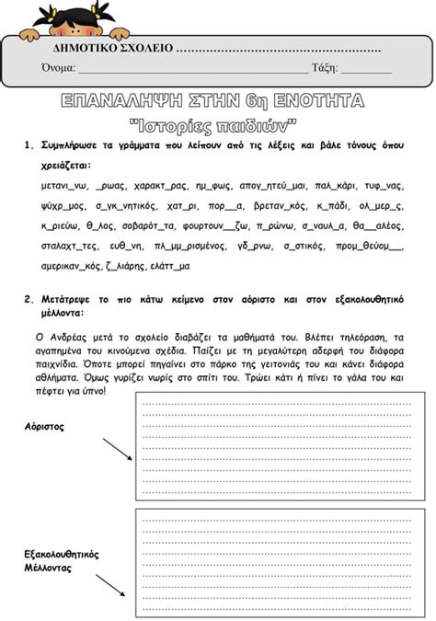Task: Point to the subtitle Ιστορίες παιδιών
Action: tap(213, 121)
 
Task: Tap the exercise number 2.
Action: tap(28, 300)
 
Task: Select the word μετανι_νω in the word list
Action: tap(64, 185)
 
